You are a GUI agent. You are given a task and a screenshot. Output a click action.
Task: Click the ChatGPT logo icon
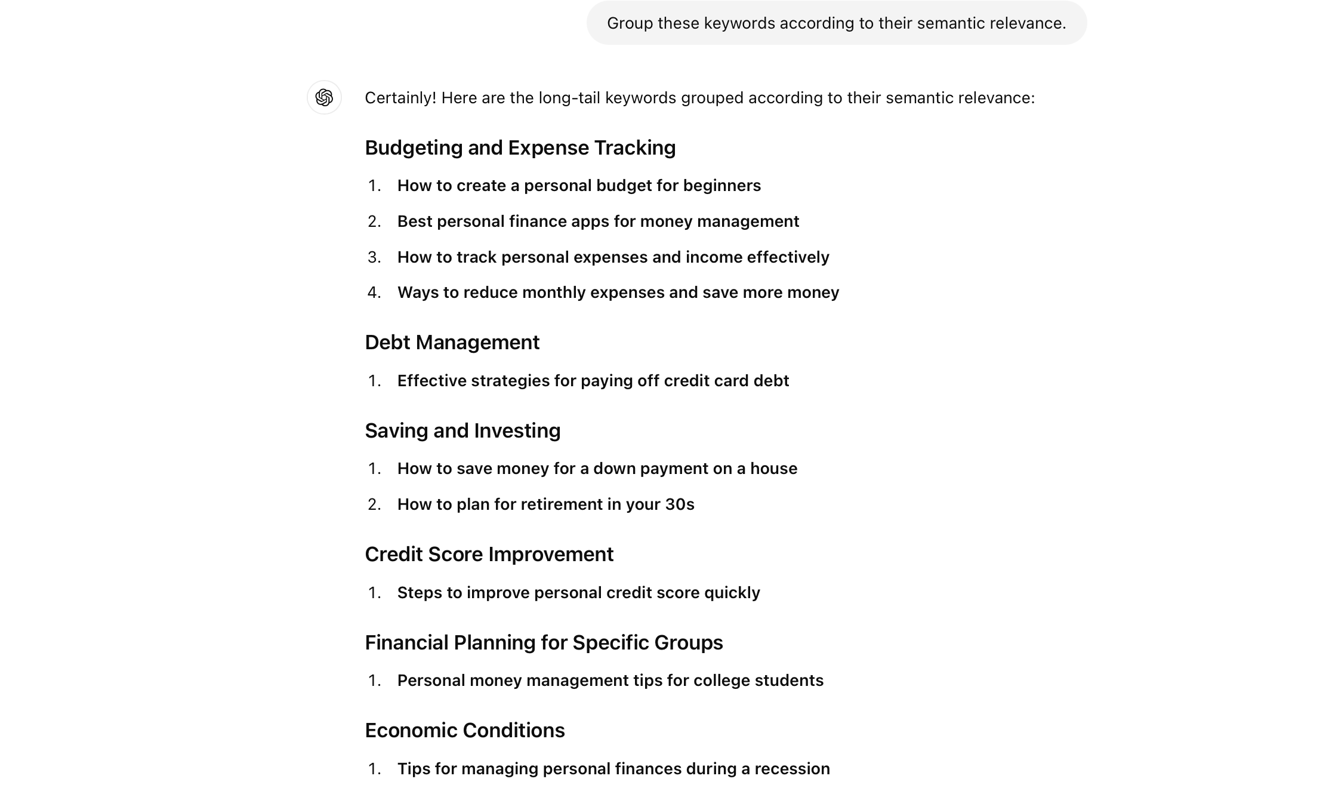(324, 97)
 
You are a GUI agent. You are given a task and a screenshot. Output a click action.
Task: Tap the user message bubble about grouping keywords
(836, 23)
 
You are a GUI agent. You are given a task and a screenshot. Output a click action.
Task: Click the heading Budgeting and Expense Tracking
(520, 148)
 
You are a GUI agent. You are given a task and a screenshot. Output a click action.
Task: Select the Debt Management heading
(452, 343)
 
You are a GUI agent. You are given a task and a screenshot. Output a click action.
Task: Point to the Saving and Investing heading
(462, 431)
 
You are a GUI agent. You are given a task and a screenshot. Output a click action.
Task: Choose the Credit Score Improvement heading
(489, 555)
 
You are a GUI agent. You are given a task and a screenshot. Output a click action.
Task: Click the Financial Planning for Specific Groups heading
(544, 643)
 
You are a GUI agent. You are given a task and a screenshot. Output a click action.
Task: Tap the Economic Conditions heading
(464, 731)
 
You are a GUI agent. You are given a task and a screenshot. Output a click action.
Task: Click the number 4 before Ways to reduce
(374, 293)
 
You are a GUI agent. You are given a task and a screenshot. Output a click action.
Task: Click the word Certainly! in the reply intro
(400, 98)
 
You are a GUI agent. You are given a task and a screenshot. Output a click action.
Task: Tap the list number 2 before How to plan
(374, 504)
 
